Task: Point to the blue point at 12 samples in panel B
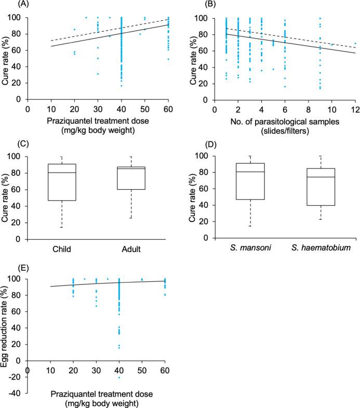point(355,44)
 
